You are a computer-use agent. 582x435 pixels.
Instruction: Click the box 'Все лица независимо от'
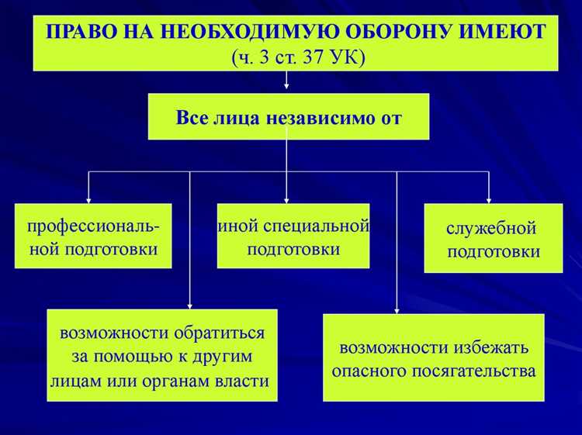click(288, 117)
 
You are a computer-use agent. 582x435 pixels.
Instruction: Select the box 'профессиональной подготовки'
click(93, 237)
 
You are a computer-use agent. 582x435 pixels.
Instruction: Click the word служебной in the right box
click(492, 229)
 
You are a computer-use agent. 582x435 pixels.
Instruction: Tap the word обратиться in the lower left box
click(220, 333)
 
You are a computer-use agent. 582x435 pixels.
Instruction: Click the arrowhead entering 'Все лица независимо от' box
click(288, 88)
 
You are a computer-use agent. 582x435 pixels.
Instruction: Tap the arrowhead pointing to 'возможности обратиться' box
click(190, 304)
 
